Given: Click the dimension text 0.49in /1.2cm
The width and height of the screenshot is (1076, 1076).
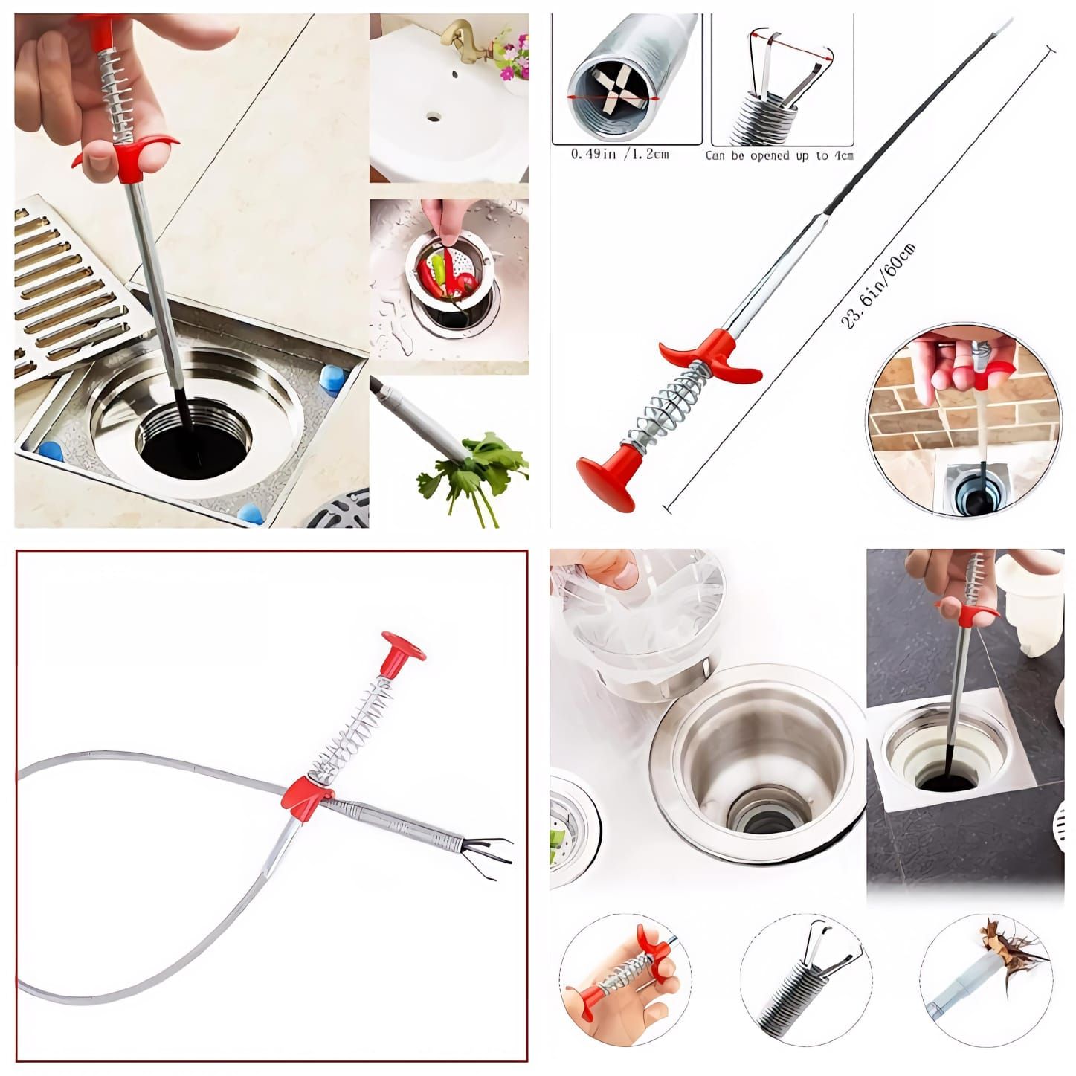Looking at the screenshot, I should pyautogui.click(x=619, y=155).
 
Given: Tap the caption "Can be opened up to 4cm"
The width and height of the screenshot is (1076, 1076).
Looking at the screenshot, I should pyautogui.click(x=779, y=155).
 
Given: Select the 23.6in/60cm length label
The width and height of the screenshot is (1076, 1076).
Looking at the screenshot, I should pyautogui.click(x=877, y=286).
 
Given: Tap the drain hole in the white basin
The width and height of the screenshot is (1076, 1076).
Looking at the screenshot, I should pyautogui.click(x=434, y=117).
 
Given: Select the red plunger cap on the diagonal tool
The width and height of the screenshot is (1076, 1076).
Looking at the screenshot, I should pyautogui.click(x=606, y=480).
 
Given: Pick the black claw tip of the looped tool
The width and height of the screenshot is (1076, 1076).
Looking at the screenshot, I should pyautogui.click(x=491, y=849).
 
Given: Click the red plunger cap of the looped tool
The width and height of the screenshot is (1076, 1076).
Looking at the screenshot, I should pyautogui.click(x=403, y=647).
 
